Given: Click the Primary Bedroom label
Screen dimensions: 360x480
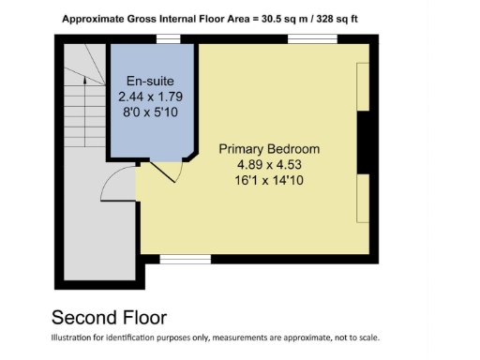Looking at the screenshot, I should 269,149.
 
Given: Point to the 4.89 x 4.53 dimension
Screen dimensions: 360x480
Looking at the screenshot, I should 269,164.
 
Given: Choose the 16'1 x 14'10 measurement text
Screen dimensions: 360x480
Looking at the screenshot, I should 269,179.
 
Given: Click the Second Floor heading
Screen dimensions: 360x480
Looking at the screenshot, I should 109,317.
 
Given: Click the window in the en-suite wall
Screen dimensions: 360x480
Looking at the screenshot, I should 168,38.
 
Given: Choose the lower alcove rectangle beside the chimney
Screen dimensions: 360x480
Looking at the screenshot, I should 362,198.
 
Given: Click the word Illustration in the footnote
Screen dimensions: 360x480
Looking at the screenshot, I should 74,338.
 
